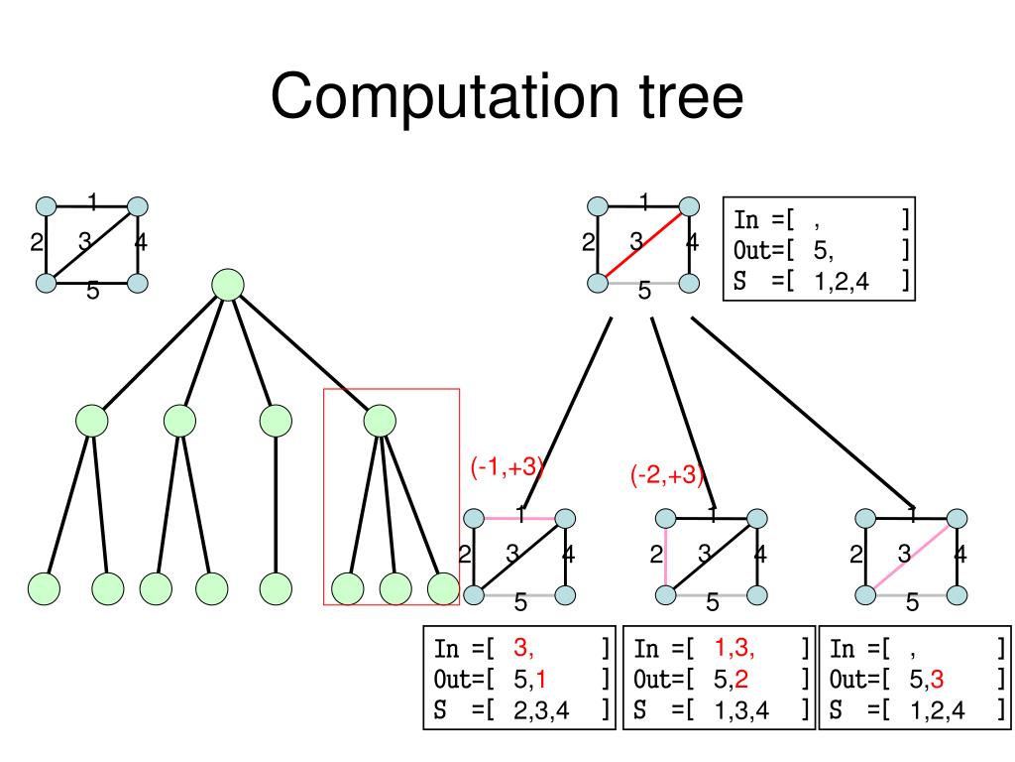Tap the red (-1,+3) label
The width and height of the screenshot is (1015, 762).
point(507,468)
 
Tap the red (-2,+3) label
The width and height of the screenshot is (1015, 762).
point(667,476)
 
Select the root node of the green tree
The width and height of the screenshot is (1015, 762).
point(228,285)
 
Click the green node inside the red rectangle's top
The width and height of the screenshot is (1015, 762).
point(380,422)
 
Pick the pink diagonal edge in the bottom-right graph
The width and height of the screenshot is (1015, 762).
point(912,556)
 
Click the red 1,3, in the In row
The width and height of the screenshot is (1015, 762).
point(734,649)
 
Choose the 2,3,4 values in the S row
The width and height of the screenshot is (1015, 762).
point(540,710)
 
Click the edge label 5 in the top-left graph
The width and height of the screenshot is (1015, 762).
point(92,292)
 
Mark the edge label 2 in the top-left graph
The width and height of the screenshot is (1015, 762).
point(37,241)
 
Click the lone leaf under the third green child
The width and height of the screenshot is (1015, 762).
point(276,588)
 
